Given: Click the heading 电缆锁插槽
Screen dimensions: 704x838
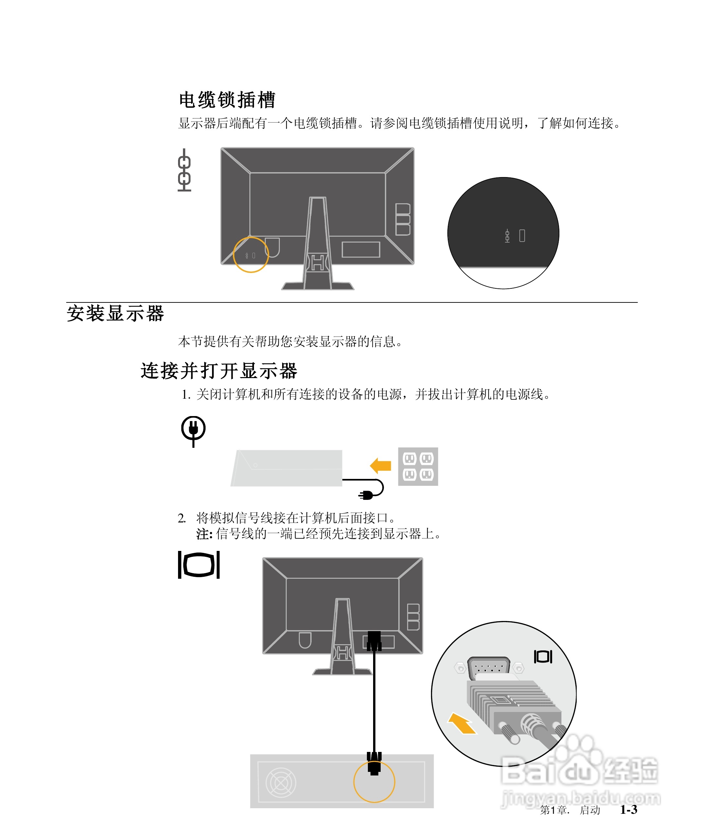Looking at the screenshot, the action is point(227,100).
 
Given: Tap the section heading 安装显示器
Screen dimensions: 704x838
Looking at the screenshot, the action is point(115,313).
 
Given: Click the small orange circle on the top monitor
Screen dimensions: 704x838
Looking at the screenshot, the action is point(251,255).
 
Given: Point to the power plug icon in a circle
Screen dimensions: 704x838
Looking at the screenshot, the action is point(193,429).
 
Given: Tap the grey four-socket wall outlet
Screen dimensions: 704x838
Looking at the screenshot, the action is point(418,466).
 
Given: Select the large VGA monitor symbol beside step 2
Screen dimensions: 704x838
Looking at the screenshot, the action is point(199,565).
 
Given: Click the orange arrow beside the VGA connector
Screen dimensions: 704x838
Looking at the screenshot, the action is point(462,723).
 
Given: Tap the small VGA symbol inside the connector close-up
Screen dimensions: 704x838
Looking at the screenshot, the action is point(543,656).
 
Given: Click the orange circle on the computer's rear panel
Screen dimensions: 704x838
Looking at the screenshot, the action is point(374,782).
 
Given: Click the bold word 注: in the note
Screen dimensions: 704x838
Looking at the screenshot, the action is point(204,534).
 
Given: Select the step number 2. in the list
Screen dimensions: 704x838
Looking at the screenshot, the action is point(182,519).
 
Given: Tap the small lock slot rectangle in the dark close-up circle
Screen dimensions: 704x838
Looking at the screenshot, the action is point(522,236).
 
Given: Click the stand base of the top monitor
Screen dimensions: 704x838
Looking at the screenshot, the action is point(318,286).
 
